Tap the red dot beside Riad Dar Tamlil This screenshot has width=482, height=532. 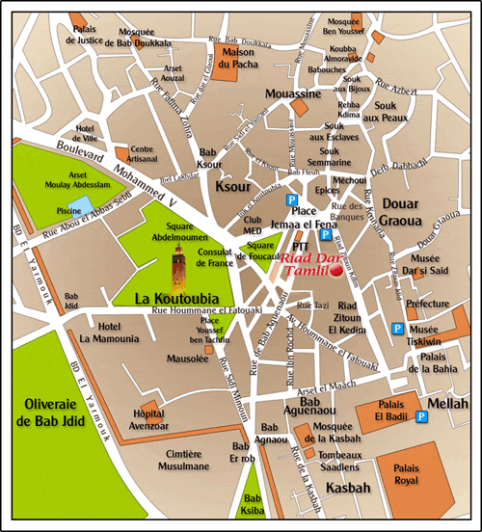point(336,273)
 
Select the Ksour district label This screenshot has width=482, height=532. point(234,186)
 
